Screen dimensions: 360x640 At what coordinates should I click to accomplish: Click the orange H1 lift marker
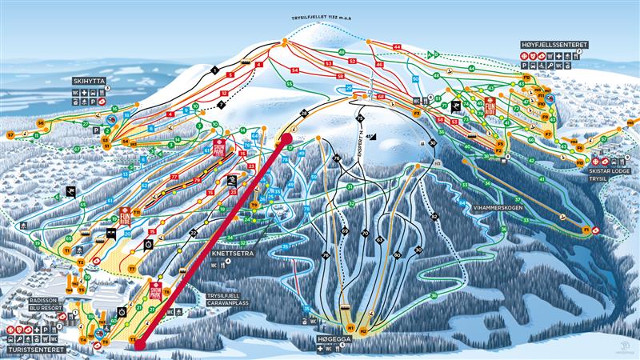point(350,327)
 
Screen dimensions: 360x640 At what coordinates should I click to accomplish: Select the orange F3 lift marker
point(417,114)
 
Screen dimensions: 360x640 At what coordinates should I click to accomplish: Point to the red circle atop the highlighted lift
point(286,140)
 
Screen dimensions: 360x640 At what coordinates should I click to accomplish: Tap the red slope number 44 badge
point(397,47)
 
